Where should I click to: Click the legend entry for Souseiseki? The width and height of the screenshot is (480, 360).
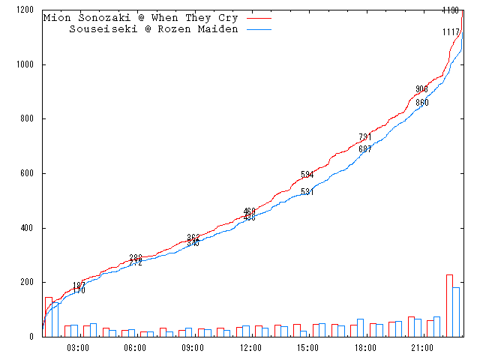point(153,29)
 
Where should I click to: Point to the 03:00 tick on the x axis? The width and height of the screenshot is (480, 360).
point(78,348)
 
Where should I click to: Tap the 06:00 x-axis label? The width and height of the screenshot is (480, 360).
point(135,348)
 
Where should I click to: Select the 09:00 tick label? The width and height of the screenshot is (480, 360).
point(193,348)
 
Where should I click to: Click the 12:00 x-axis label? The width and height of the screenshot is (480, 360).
point(250,348)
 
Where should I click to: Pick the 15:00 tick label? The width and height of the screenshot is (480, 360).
point(307,348)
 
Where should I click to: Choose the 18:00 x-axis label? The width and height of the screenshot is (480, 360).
point(365,348)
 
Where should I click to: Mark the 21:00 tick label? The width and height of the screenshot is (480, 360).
point(422,348)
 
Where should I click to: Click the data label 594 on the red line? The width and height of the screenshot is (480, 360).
point(307,175)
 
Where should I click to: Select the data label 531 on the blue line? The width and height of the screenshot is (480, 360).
point(307,192)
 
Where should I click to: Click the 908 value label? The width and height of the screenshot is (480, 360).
point(421,89)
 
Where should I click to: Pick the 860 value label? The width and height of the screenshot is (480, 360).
point(422,103)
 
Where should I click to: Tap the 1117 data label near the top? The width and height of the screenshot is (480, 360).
point(451,32)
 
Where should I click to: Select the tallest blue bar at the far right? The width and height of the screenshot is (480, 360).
point(456,311)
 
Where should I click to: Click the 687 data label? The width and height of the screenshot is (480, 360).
point(365,149)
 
